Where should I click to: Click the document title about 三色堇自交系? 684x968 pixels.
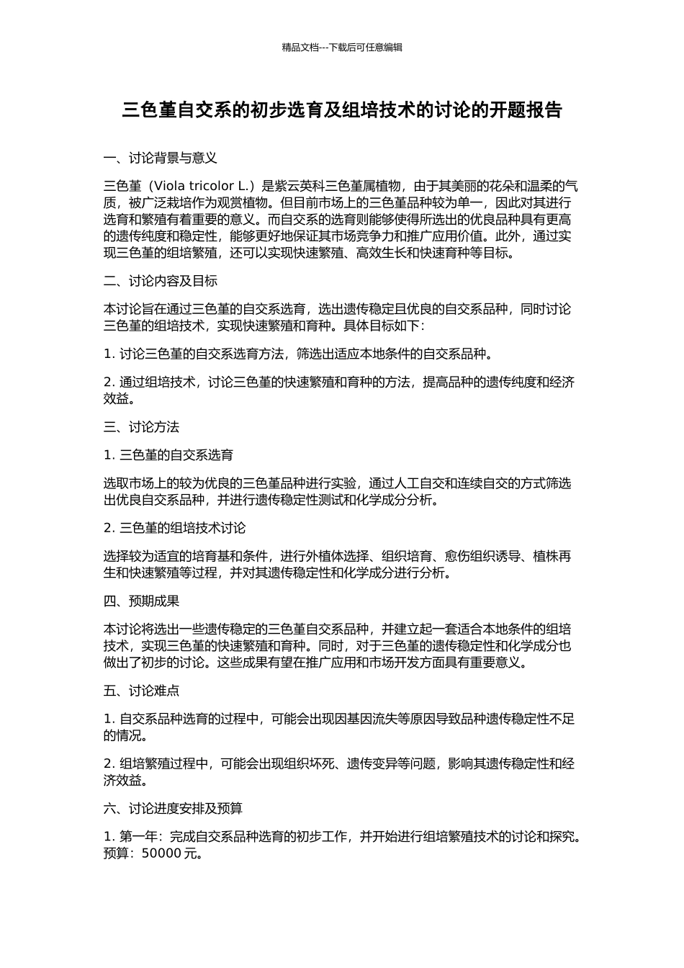(x=341, y=110)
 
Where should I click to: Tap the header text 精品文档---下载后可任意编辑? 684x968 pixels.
(x=342, y=48)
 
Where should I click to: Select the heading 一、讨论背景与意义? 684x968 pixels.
(x=161, y=158)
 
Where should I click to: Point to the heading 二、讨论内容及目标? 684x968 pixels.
(x=161, y=281)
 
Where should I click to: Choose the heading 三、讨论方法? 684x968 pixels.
(x=141, y=427)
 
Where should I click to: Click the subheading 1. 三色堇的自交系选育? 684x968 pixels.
(x=168, y=455)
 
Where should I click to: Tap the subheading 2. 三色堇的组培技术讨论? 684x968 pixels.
(x=174, y=528)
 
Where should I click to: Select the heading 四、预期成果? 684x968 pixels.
(x=141, y=601)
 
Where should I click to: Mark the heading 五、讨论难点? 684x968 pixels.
(x=141, y=691)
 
